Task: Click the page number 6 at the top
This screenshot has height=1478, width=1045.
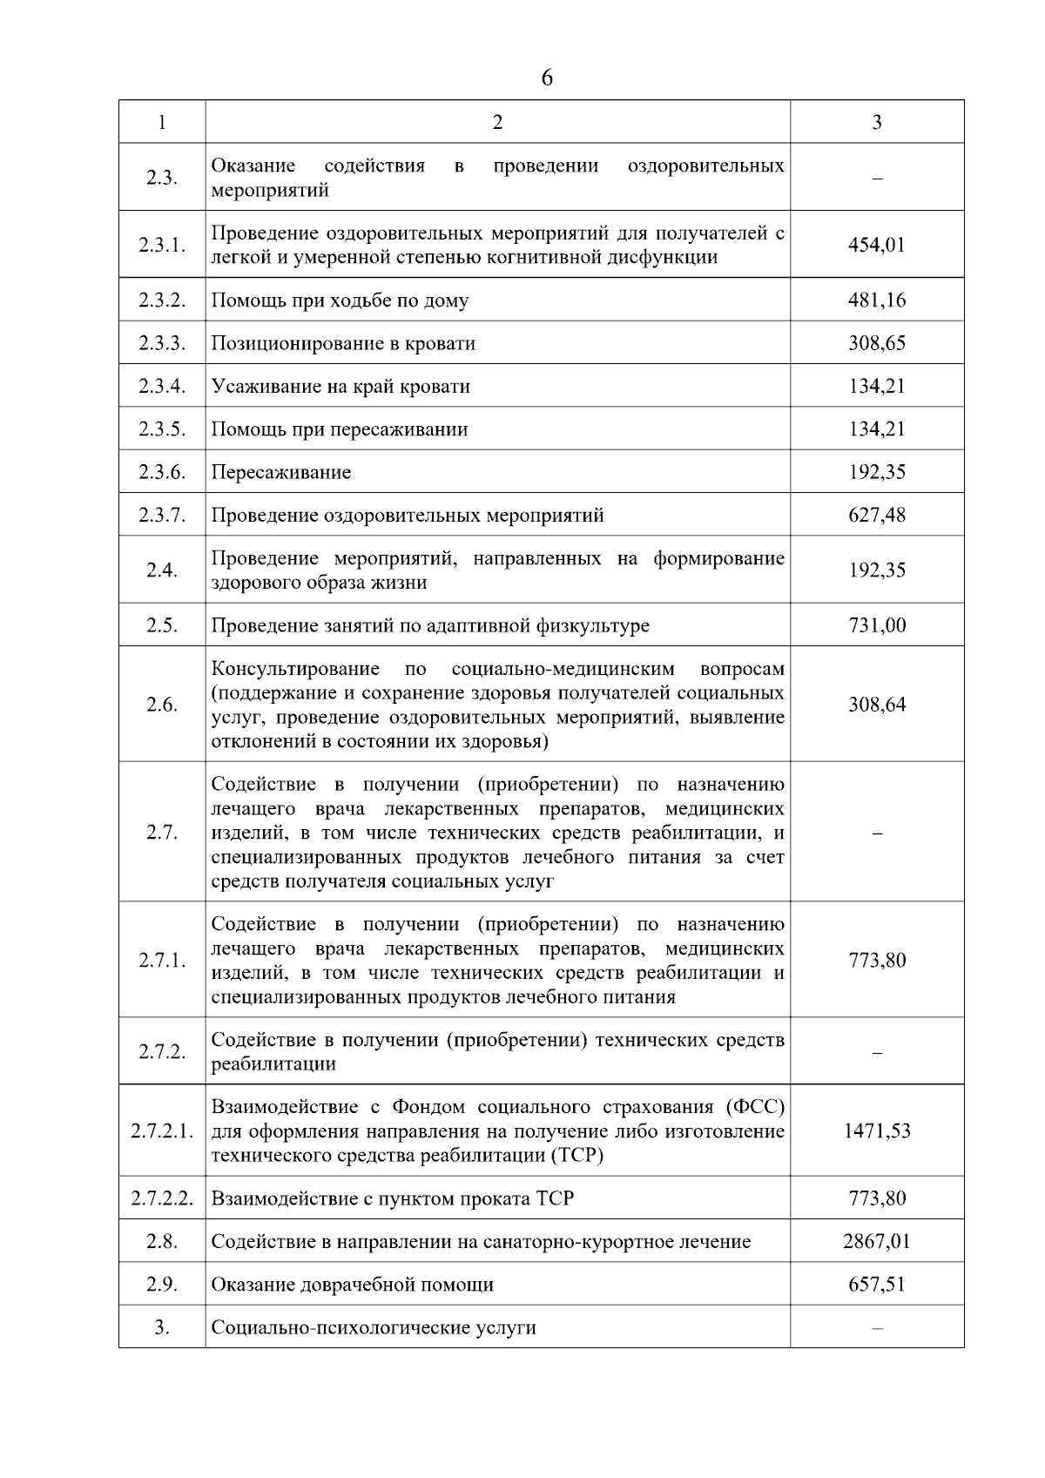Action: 546,78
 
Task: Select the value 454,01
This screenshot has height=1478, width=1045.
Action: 877,245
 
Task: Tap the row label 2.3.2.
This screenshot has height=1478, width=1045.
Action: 162,300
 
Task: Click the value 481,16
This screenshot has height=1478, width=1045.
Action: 877,300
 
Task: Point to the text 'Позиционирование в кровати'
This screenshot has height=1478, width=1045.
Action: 343,343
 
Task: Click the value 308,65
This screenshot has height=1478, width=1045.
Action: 877,343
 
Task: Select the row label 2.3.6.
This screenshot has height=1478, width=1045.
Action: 162,472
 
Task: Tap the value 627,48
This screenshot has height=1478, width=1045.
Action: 877,516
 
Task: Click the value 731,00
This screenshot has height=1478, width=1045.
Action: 877,625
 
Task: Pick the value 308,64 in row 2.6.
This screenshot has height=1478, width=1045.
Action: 877,705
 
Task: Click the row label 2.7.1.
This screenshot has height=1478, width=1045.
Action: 162,961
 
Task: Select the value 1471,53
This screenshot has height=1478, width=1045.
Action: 877,1131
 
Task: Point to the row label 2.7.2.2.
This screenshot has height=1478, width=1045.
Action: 162,1198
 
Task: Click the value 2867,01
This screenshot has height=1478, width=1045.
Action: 877,1241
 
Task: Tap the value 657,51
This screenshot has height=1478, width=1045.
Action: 877,1285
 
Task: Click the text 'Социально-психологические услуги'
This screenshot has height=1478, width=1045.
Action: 374,1328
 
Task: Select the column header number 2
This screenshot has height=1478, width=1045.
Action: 497,123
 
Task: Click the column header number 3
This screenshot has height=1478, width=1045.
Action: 877,123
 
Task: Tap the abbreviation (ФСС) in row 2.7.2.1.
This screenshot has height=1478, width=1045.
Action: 754,1107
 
